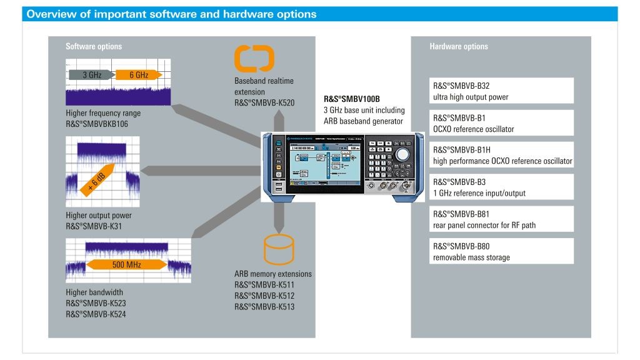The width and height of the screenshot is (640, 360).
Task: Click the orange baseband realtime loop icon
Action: pyautogui.click(x=254, y=58)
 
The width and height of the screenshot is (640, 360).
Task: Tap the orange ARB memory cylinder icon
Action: pyautogui.click(x=279, y=249)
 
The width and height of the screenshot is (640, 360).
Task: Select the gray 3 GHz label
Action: pyautogui.click(x=91, y=75)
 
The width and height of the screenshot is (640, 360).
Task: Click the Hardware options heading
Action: pyautogui.click(x=459, y=46)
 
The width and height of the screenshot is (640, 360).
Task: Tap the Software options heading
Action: pyautogui.click(x=94, y=46)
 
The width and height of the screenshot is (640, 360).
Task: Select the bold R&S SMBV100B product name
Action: pyautogui.click(x=352, y=99)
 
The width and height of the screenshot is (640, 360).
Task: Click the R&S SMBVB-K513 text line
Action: pyautogui.click(x=264, y=306)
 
